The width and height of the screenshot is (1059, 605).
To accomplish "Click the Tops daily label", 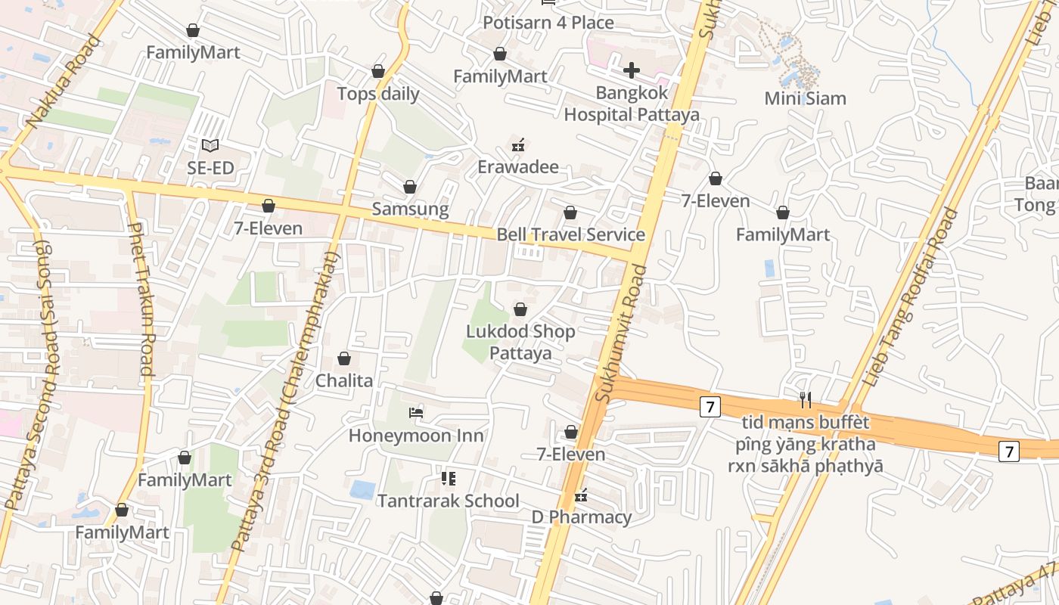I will pyautogui.click(x=378, y=95).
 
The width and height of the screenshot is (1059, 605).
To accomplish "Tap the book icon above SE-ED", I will pyautogui.click(x=210, y=145).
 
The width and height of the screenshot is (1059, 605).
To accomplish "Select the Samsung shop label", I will pyautogui.click(x=410, y=209).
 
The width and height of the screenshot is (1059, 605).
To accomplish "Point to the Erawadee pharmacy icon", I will pyautogui.click(x=518, y=144).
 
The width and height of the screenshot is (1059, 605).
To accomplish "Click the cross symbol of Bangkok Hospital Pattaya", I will pyautogui.click(x=632, y=71).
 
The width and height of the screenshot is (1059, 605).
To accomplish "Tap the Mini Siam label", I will pyautogui.click(x=805, y=98).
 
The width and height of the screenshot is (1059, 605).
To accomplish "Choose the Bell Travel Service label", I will pyautogui.click(x=570, y=234).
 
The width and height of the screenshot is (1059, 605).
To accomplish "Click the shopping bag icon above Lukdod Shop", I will pyautogui.click(x=520, y=309).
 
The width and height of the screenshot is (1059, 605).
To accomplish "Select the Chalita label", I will pyautogui.click(x=344, y=380).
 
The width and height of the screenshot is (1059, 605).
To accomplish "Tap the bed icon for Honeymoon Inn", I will pyautogui.click(x=416, y=413).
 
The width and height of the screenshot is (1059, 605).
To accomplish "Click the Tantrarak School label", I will pyautogui.click(x=448, y=501).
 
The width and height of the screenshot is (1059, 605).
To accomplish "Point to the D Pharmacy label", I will pyautogui.click(x=581, y=517).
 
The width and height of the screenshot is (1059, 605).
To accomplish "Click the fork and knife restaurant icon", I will pyautogui.click(x=806, y=399).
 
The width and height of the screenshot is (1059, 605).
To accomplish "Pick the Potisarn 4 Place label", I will pyautogui.click(x=548, y=23).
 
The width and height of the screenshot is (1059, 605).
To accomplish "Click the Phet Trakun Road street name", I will pyautogui.click(x=141, y=299).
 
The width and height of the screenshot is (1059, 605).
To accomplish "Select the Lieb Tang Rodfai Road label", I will pyautogui.click(x=910, y=298).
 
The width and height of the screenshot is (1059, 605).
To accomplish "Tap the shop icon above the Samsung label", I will pyautogui.click(x=410, y=187).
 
